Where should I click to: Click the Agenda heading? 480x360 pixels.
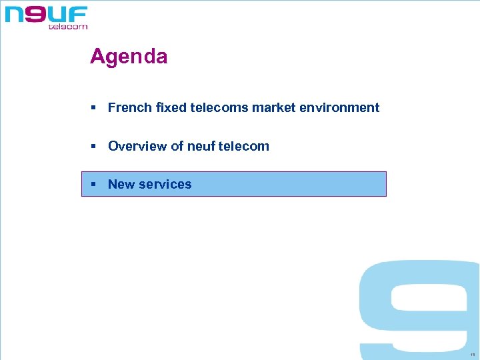[129, 57]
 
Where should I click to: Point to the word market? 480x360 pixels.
[272, 107]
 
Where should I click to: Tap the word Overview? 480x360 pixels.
[137, 146]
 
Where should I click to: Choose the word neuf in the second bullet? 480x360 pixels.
[200, 146]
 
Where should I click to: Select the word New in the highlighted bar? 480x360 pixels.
[121, 185]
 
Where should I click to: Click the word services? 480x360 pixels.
[165, 185]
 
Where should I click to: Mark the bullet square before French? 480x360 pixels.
[94, 108]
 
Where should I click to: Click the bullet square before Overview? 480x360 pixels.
[94, 147]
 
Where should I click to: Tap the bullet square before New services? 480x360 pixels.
[94, 185]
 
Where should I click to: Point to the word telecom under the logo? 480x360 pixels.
[67, 27]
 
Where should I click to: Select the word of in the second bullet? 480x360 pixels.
[177, 146]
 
